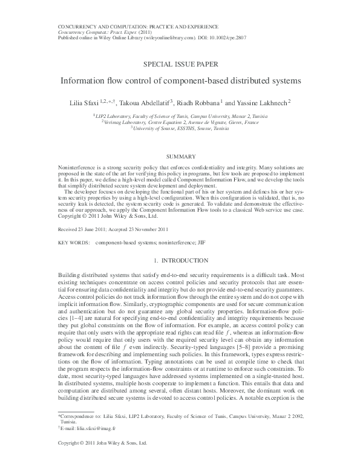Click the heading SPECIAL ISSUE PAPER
coord(180,64)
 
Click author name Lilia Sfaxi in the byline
coord(82,102)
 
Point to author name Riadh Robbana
coord(201,102)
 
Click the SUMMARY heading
coord(180,156)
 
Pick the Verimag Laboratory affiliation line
coord(180,122)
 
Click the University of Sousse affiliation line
coord(180,128)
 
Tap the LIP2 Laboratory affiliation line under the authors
coord(180,115)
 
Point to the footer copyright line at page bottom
coord(102,460)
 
